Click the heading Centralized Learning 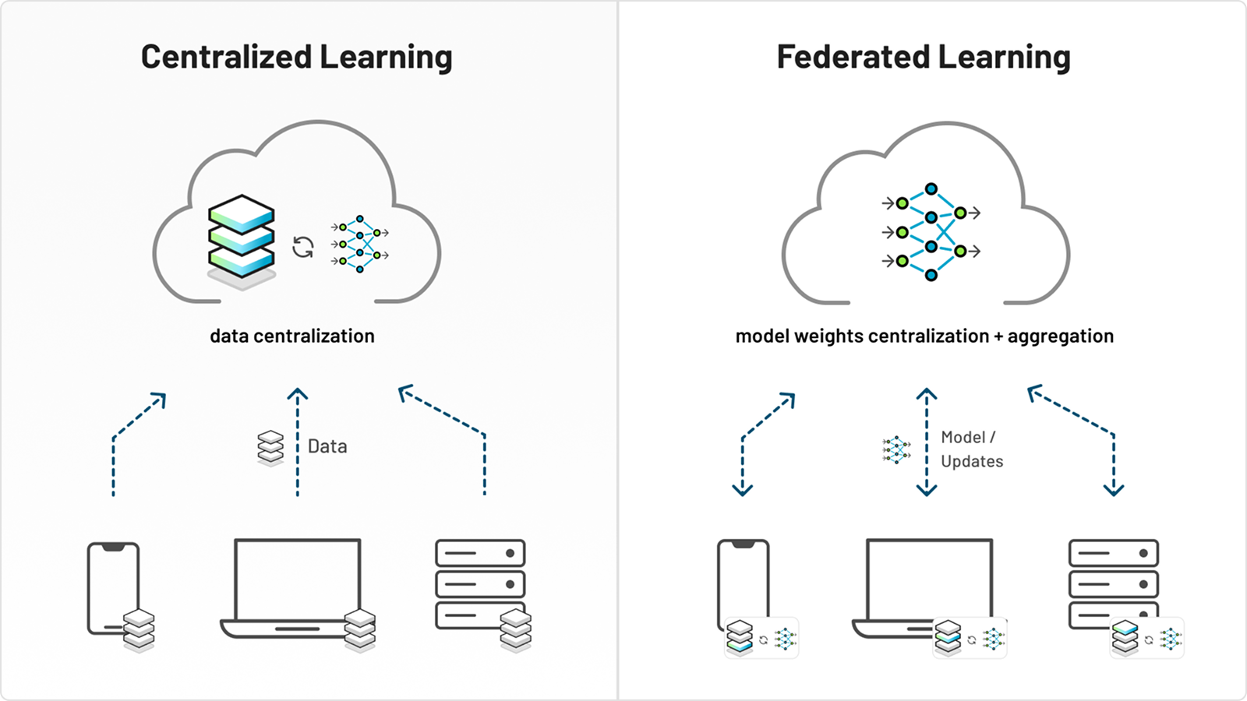click(296, 57)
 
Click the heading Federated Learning click(924, 57)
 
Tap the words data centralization click(292, 336)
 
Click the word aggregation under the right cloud click(1060, 336)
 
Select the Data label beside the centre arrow click(327, 446)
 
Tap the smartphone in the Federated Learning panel click(742, 580)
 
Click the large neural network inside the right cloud click(931, 232)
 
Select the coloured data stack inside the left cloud click(242, 238)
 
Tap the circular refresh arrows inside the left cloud click(303, 248)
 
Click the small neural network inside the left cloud click(359, 244)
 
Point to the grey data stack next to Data click(270, 448)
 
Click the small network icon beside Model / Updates click(896, 450)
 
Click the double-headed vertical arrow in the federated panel click(927, 442)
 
